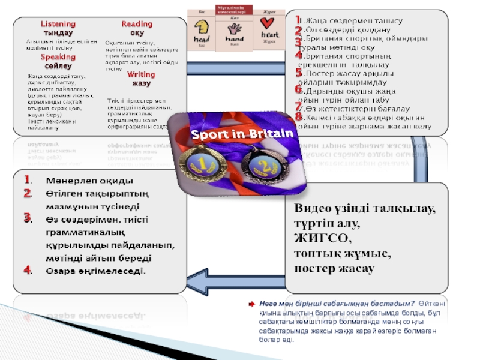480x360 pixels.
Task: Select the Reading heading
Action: [137, 24]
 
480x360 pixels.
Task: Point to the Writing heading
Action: [141, 74]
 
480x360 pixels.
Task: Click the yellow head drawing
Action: [201, 28]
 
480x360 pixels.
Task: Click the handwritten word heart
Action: [269, 35]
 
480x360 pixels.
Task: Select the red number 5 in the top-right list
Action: [298, 73]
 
